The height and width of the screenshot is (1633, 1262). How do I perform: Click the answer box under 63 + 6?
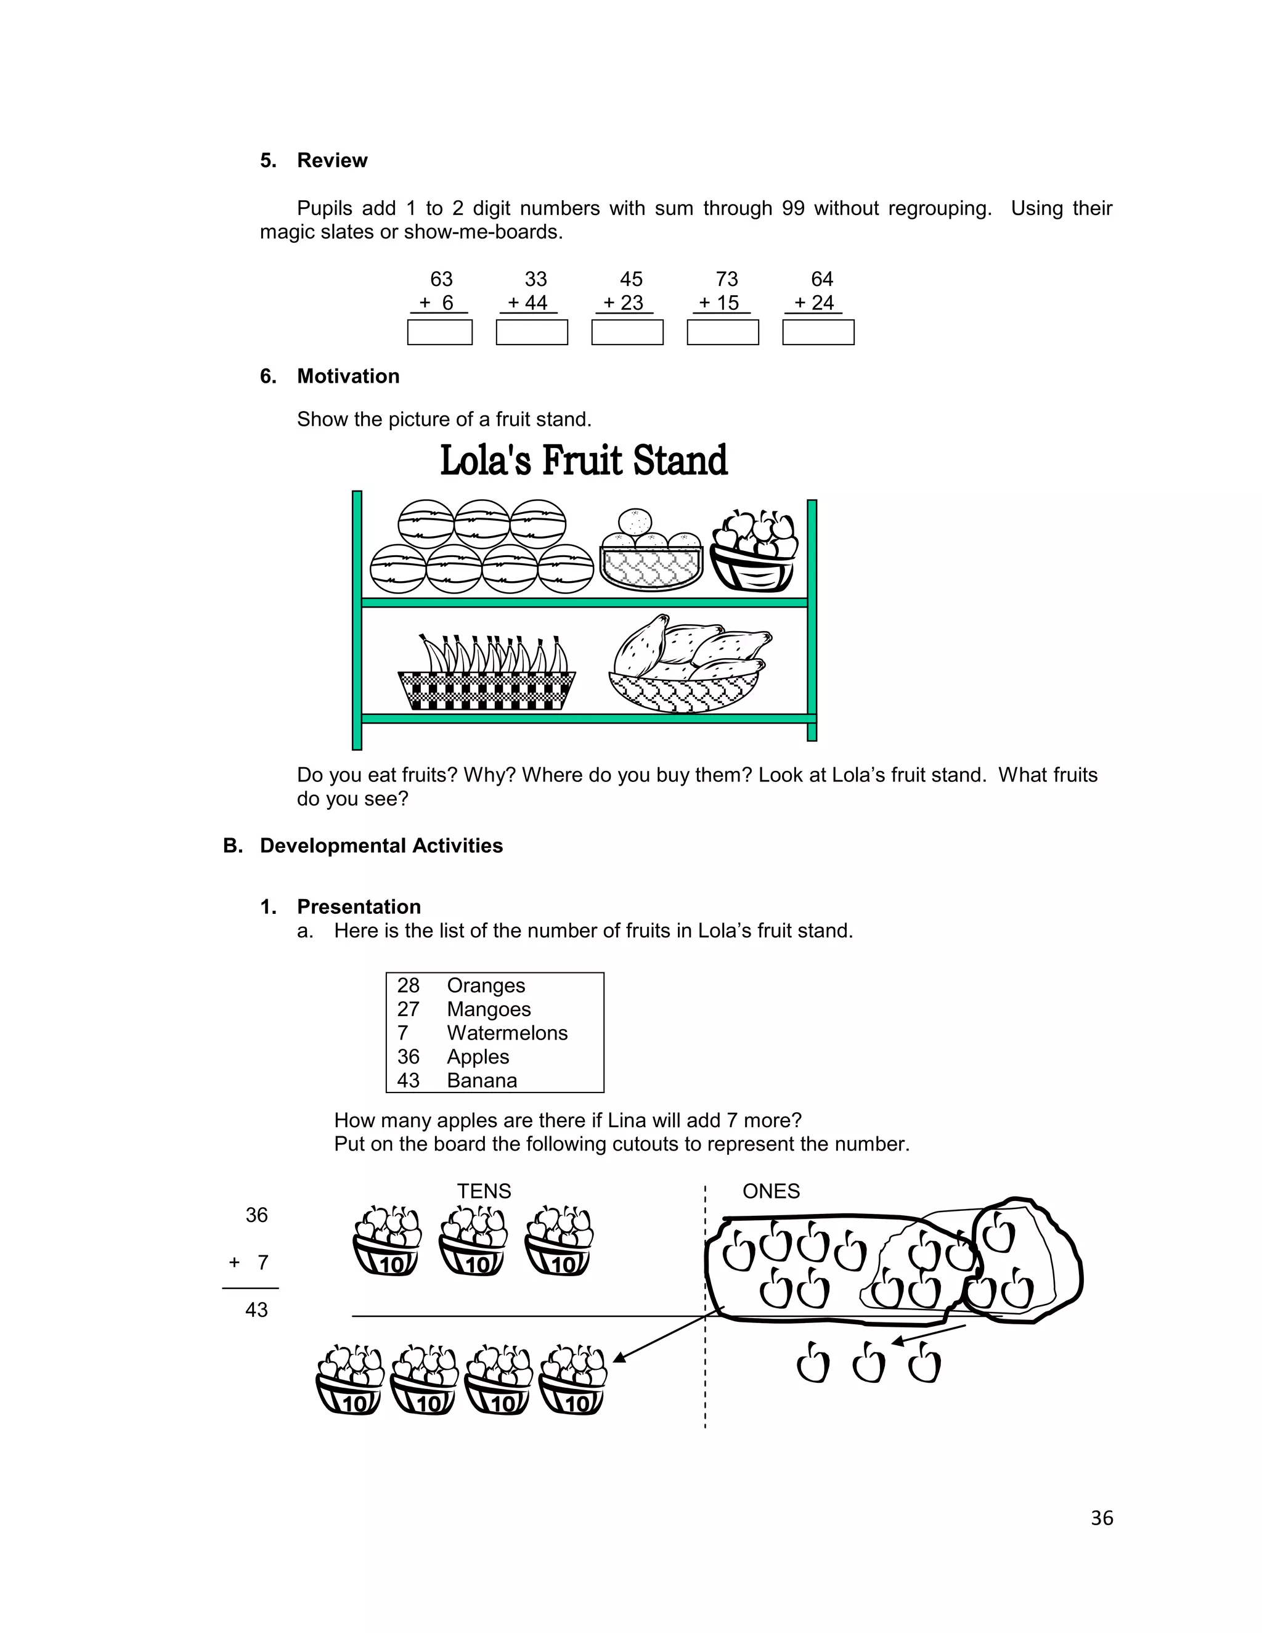pos(439,332)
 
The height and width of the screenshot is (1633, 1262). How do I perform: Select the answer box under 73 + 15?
pos(722,332)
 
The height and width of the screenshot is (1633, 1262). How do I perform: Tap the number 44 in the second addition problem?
pos(536,303)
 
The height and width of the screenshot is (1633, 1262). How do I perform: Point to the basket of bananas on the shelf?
pos(487,673)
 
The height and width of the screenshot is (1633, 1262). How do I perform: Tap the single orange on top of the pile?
pos(635,522)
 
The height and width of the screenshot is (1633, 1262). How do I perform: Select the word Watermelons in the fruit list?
pos(507,1033)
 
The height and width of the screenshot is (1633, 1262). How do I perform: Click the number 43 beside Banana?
pos(408,1080)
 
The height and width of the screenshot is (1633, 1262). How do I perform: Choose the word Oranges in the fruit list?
pos(486,985)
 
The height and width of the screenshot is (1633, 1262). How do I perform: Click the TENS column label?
pos(484,1191)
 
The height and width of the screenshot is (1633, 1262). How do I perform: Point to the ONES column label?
pos(771,1191)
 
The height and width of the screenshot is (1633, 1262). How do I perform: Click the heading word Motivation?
pos(348,376)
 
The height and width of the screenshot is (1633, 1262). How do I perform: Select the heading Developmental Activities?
pos(381,845)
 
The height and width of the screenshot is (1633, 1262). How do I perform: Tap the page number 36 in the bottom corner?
pos(1101,1518)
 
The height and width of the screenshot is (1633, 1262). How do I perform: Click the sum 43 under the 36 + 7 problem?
pos(256,1309)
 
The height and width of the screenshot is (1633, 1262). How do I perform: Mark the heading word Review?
pos(332,161)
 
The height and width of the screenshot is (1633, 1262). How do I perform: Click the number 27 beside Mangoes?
pos(408,1009)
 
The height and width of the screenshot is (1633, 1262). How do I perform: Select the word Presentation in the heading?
pos(359,907)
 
